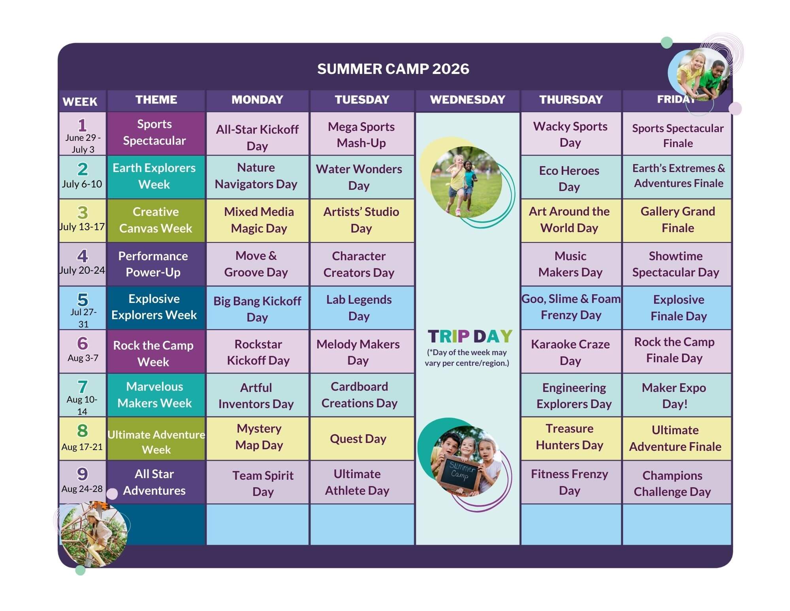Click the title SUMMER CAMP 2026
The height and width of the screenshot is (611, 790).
click(x=393, y=69)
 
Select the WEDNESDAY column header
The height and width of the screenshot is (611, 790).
click(x=467, y=100)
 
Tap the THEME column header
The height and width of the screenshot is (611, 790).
click(x=156, y=100)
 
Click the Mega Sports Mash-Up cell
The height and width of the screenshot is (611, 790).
click(x=362, y=134)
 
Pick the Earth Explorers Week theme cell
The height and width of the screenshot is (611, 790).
click(x=156, y=177)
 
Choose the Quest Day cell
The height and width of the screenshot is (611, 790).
click(x=362, y=439)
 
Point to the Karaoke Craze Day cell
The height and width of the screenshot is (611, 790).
click(x=571, y=352)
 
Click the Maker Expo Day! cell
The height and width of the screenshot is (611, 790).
click(x=677, y=395)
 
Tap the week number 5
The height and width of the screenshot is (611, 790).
click(x=83, y=299)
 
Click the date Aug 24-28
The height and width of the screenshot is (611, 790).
click(x=82, y=489)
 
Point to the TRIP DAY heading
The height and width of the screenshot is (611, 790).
click(x=470, y=336)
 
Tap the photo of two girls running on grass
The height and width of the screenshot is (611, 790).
click(x=466, y=182)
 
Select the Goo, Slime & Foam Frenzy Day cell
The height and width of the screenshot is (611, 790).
click(x=571, y=308)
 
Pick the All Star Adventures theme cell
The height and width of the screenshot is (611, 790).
click(x=156, y=482)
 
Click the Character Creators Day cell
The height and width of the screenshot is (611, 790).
click(x=362, y=264)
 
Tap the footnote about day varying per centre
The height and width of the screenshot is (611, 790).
click(x=467, y=358)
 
